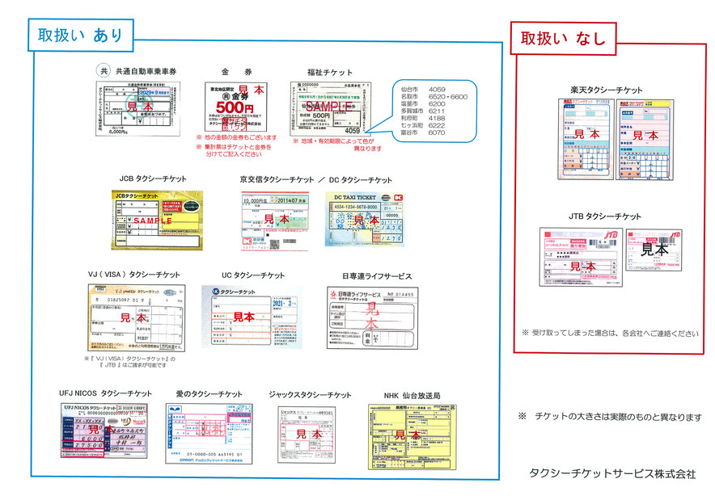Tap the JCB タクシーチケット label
click(x=153, y=178)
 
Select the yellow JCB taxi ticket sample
click(x=154, y=220)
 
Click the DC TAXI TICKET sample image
click(x=363, y=219)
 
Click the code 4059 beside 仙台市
click(x=437, y=87)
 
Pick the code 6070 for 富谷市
click(x=437, y=132)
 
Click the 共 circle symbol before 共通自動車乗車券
click(x=103, y=70)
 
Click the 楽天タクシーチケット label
click(x=606, y=90)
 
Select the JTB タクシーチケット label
click(x=605, y=216)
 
